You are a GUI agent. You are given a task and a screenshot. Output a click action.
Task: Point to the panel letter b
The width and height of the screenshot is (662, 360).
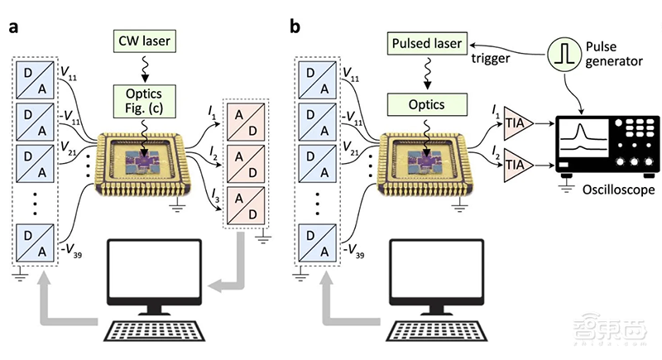point(295,27)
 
